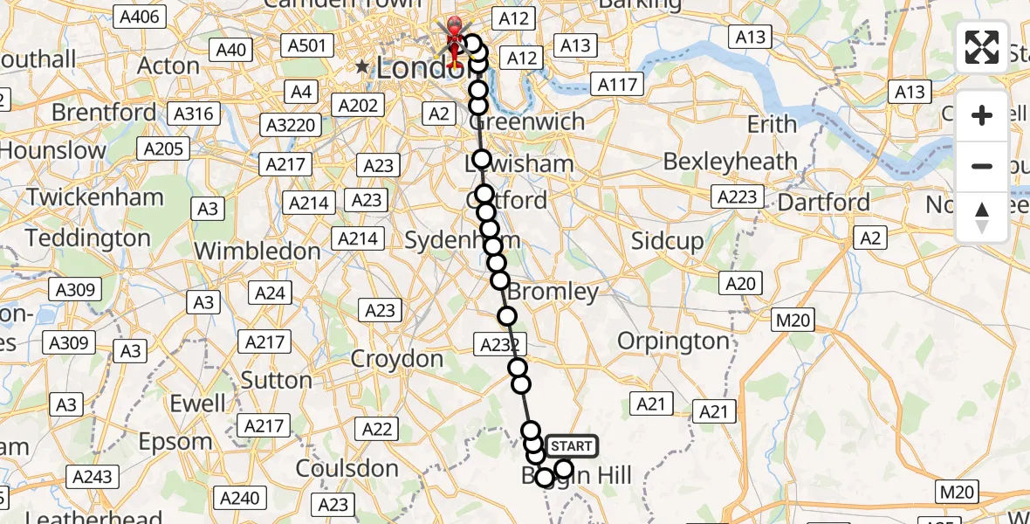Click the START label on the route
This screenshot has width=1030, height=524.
point(572,446)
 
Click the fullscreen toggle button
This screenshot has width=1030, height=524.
point(982,47)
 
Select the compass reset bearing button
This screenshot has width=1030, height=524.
point(982,217)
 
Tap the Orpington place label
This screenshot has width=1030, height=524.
point(673,341)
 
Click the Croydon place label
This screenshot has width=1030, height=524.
point(397,359)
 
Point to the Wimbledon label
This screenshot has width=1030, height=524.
point(257,252)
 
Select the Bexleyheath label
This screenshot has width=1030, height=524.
point(731,162)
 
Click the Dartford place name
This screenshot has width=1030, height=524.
point(824,203)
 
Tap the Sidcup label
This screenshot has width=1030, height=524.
point(667,242)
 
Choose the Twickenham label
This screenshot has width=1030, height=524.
point(82,196)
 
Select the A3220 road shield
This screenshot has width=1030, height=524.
point(291,125)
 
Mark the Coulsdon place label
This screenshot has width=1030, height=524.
point(347,469)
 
